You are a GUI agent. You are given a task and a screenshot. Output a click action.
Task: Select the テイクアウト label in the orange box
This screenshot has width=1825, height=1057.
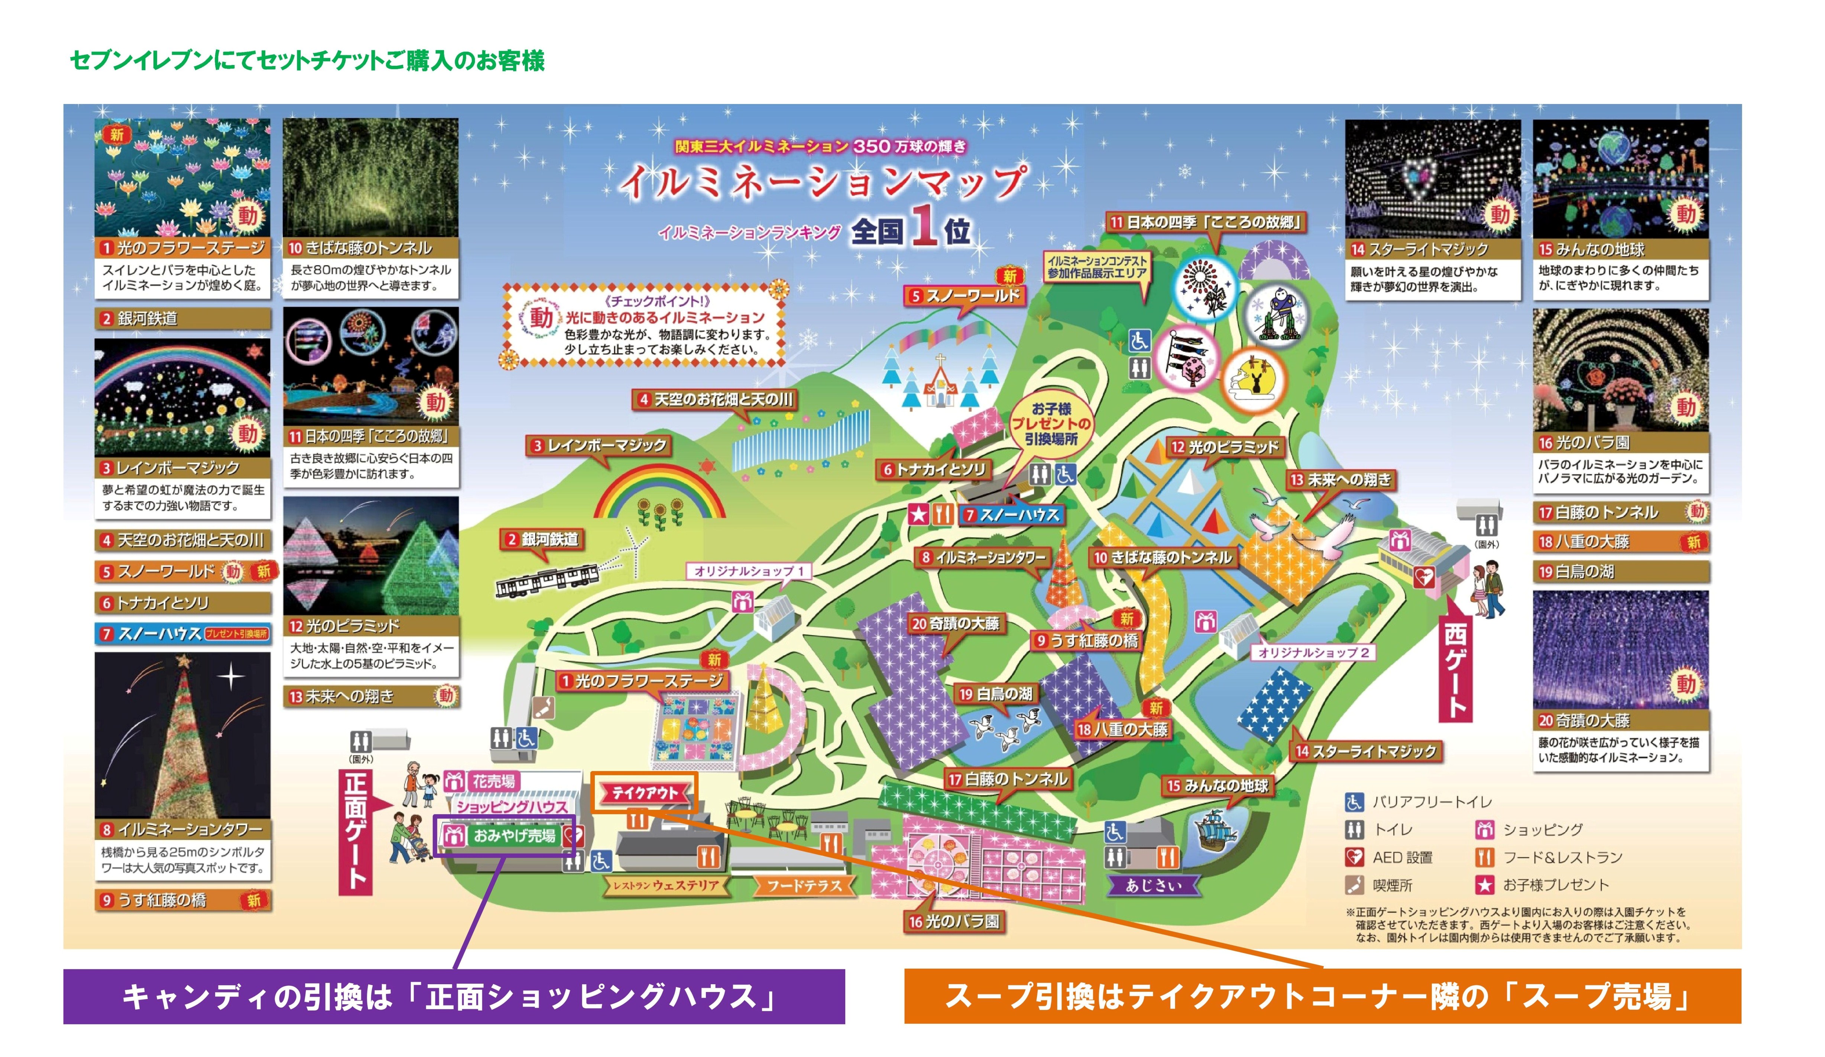645,793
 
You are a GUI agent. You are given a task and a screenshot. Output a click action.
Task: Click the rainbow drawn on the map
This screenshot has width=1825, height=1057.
659,492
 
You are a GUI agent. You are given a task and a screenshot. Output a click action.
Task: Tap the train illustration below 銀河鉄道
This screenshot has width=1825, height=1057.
547,579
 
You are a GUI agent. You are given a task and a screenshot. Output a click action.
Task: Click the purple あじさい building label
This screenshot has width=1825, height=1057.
1153,885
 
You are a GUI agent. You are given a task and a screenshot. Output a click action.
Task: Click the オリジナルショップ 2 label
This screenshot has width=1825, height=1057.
1313,652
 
